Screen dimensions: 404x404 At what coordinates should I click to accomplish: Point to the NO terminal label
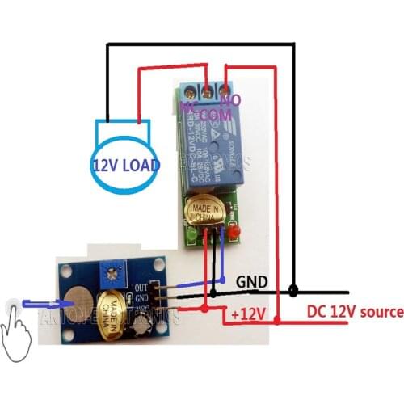(232, 100)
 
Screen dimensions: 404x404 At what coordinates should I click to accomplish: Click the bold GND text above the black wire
(251, 284)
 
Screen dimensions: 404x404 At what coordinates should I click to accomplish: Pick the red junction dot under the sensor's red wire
(205, 309)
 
